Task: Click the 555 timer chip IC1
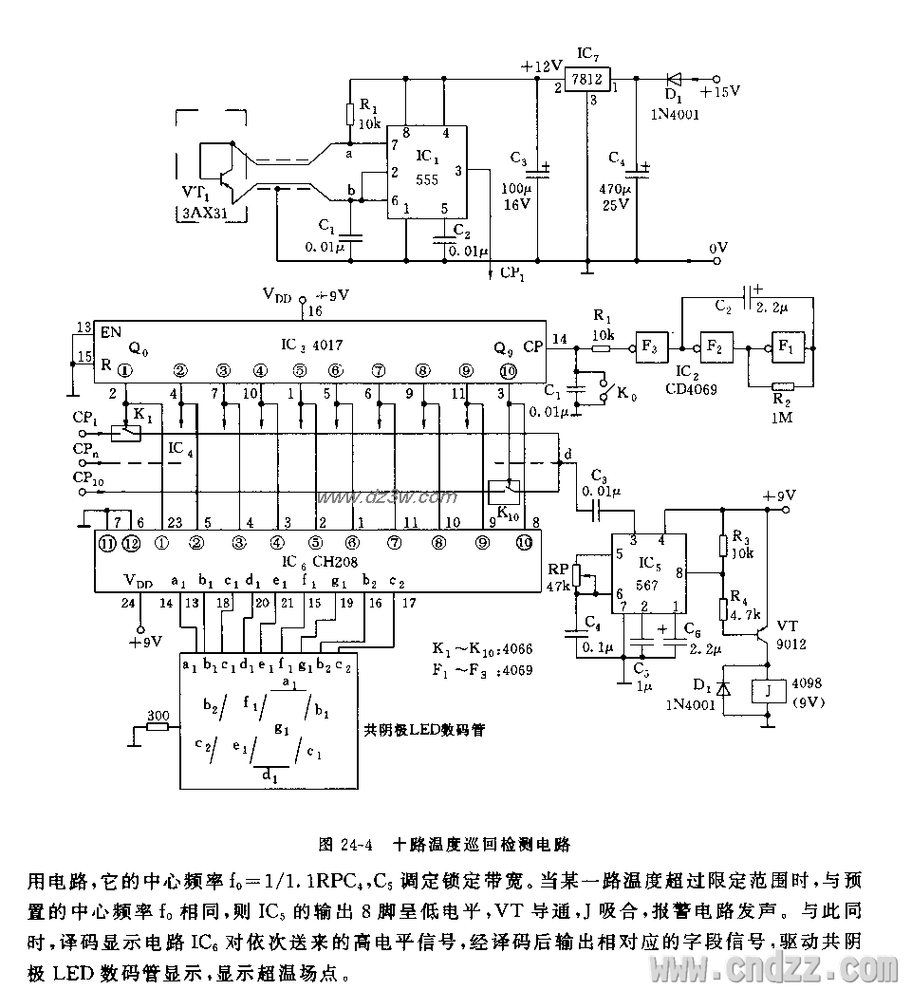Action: (425, 174)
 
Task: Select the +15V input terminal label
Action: (719, 91)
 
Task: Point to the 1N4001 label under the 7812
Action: (675, 113)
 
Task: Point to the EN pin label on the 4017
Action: (110, 333)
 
